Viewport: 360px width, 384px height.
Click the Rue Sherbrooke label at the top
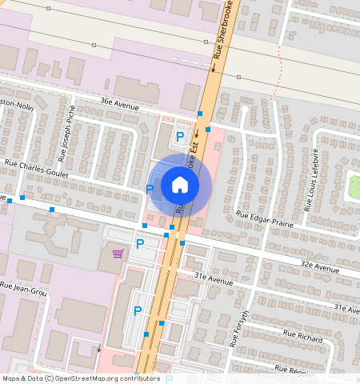[x=220, y=30]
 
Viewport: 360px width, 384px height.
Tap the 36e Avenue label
[x=119, y=103]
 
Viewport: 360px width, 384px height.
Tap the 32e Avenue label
[x=320, y=266]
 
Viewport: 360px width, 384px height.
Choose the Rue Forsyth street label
[x=240, y=328]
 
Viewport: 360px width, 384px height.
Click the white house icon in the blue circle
[x=180, y=185]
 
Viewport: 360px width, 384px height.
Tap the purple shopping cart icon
[x=118, y=254]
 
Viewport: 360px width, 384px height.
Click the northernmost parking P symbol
[x=179, y=137]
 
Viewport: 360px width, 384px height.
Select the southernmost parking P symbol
[x=137, y=310]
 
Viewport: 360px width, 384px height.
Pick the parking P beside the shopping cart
[x=139, y=243]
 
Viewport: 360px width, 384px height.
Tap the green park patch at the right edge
[x=353, y=186]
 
